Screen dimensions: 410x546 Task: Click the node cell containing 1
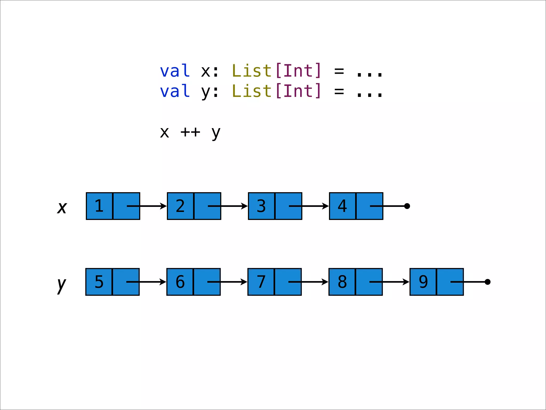pyautogui.click(x=99, y=206)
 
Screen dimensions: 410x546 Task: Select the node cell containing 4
pyautogui.click(x=343, y=206)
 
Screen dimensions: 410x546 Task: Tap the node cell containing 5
pyautogui.click(x=99, y=282)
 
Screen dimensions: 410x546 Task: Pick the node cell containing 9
pyautogui.click(x=423, y=282)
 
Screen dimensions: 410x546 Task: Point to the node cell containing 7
pyautogui.click(x=261, y=282)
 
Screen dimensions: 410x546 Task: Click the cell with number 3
pyautogui.click(x=262, y=206)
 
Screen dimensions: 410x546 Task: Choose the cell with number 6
pyautogui.click(x=180, y=282)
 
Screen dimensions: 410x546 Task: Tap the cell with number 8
pyautogui.click(x=342, y=282)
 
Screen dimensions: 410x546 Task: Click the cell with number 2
pyautogui.click(x=180, y=206)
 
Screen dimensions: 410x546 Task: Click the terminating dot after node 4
pyautogui.click(x=407, y=206)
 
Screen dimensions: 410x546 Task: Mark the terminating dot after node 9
pyautogui.click(x=488, y=282)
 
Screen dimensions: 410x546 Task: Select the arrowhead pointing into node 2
pyautogui.click(x=163, y=206)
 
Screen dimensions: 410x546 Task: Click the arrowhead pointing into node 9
pyautogui.click(x=406, y=282)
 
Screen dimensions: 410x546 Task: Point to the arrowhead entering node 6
pyautogui.click(x=163, y=282)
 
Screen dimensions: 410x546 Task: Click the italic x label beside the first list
pyautogui.click(x=62, y=207)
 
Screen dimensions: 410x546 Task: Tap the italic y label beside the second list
pyautogui.click(x=62, y=285)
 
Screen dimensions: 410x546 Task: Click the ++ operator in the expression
pyautogui.click(x=190, y=132)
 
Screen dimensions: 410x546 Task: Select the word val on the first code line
pyautogui.click(x=175, y=71)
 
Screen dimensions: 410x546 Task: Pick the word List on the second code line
pyautogui.click(x=252, y=91)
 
